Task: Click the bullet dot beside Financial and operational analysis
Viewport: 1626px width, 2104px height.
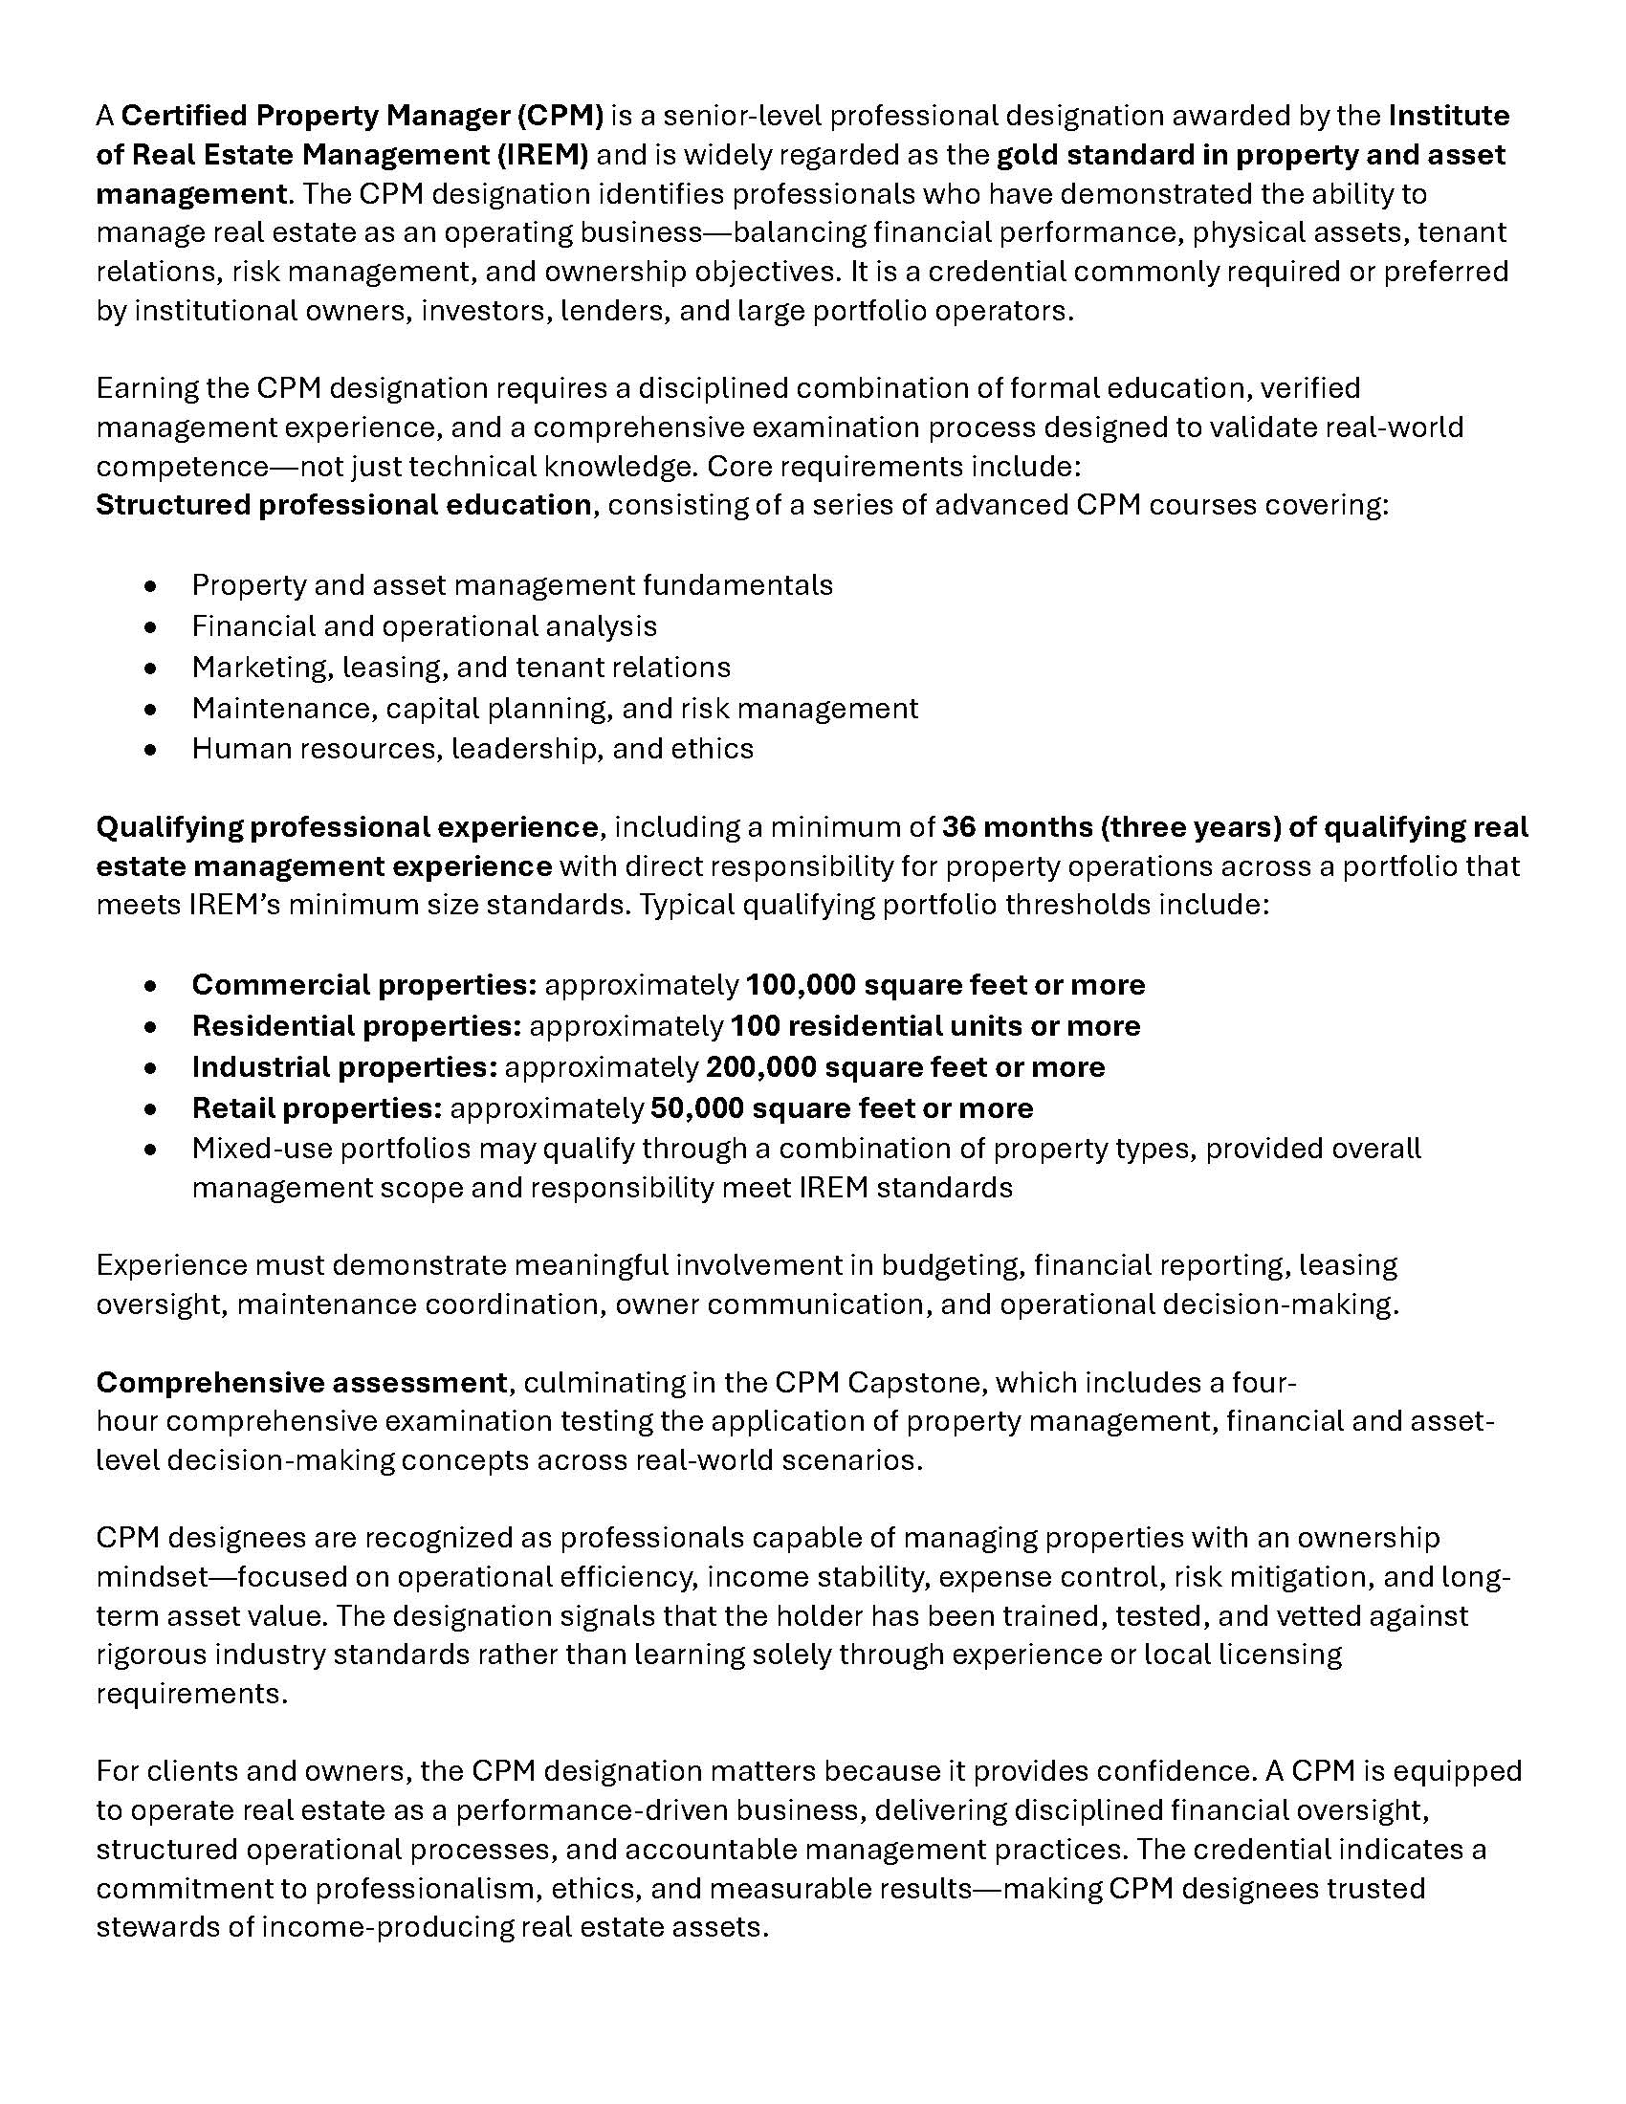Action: tap(149, 627)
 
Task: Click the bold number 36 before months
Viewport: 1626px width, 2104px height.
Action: tap(958, 827)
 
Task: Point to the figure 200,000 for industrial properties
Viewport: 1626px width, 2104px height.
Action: tap(759, 1067)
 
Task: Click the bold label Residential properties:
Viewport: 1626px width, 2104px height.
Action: tap(357, 1026)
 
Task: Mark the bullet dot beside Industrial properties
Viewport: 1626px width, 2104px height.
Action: tap(149, 1068)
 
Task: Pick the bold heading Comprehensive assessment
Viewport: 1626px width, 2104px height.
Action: tap(300, 1383)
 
